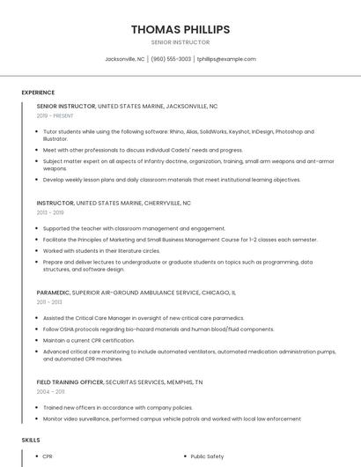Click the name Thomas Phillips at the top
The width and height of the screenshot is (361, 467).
180,29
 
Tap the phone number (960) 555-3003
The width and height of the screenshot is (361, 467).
171,59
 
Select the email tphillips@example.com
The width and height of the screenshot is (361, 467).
226,59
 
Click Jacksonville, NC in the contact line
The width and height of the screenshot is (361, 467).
125,59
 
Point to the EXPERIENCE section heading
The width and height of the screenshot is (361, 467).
38,93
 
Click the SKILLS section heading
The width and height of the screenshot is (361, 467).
31,439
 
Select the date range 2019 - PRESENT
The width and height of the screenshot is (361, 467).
56,115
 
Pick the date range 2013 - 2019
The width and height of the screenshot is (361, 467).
50,212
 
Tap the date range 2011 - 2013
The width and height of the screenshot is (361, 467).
49,301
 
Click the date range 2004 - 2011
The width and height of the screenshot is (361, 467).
51,391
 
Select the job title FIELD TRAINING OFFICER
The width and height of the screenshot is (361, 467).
70,382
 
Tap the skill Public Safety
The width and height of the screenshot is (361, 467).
208,456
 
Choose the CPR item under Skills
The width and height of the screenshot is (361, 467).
48,456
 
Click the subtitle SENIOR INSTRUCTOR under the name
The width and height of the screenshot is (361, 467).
180,42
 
